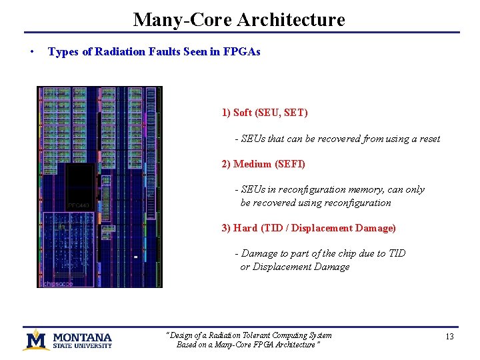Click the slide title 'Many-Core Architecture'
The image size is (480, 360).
click(239, 19)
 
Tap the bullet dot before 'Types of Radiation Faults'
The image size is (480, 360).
click(32, 52)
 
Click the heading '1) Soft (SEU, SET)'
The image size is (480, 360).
click(265, 113)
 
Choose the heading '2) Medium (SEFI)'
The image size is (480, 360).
click(263, 164)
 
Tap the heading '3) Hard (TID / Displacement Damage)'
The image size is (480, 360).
click(308, 228)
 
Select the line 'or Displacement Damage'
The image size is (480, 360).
click(295, 267)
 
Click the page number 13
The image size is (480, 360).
click(449, 337)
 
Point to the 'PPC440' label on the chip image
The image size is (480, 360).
click(79, 205)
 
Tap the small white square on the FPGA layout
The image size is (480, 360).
click(135, 257)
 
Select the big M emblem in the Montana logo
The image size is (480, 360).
click(36, 339)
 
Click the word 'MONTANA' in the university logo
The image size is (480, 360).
click(82, 337)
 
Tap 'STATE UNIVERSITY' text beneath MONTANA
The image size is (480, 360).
click(82, 346)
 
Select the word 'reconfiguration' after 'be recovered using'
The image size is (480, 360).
click(358, 203)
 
